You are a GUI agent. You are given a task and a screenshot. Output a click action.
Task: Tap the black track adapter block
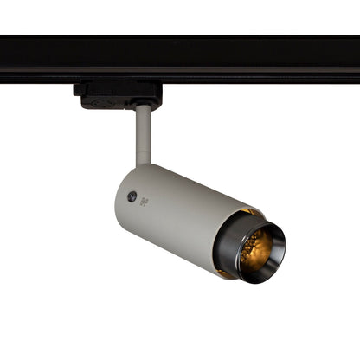coord(117,94)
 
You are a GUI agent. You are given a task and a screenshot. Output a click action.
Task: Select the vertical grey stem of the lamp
coord(143,134)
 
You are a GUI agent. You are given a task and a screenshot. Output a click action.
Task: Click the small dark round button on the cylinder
coord(132,196)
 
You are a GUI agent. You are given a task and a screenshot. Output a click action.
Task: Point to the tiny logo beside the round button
coord(144,201)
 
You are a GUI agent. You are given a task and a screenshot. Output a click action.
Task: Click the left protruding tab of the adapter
coord(78,88)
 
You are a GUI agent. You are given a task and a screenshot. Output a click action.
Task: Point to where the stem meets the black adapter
coord(144,106)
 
